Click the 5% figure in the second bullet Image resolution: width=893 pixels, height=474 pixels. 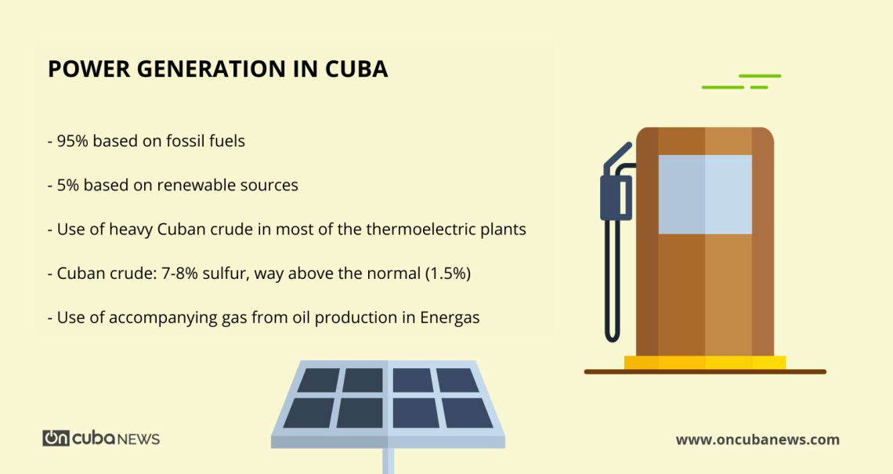coord(68,186)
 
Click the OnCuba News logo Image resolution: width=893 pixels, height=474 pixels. coord(101,438)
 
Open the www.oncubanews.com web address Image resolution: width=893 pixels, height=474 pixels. coord(757,440)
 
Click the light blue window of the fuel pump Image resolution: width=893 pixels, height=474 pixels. coord(704,194)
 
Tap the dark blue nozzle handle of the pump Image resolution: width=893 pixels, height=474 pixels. coord(615,196)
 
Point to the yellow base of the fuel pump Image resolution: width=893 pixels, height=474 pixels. coord(704,362)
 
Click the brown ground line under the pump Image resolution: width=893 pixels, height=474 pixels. coord(704,371)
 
